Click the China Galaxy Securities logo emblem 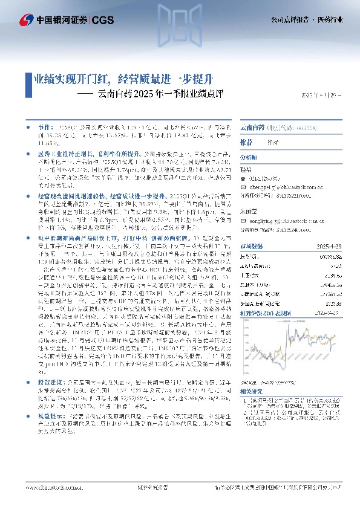pyautogui.click(x=26, y=19)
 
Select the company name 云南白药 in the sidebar pyautogui.click(x=252, y=128)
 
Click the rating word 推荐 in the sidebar pyautogui.click(x=247, y=141)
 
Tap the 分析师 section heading pyautogui.click(x=249, y=157)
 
